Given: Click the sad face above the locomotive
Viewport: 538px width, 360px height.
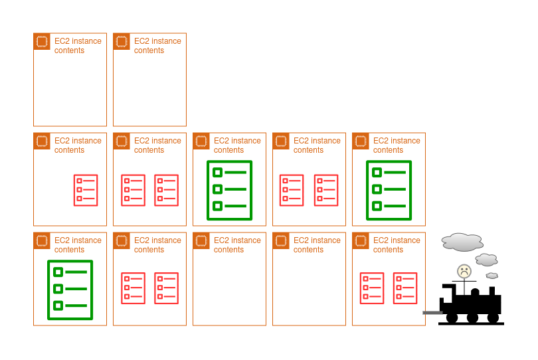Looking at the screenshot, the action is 464,271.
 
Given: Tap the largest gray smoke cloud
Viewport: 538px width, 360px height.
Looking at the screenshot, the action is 462,242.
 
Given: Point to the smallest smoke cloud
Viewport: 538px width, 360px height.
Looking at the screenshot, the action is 492,276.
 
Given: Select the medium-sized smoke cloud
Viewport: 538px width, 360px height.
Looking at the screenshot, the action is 486,260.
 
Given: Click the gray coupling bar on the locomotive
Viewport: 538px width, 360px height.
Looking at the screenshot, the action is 432,313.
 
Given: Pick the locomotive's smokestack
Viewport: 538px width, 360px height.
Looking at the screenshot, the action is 492,291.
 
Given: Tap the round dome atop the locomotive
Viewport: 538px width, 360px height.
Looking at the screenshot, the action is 475,292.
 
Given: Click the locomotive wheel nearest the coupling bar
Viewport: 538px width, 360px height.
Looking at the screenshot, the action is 452,317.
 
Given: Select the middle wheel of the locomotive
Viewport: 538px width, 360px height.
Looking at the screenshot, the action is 472,317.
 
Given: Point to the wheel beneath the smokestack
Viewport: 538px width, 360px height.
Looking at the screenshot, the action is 493,317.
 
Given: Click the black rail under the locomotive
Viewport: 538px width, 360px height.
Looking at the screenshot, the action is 471,323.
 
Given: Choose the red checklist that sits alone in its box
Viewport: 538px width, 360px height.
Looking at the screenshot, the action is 86,190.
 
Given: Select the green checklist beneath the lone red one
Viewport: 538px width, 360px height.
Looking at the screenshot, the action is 70,290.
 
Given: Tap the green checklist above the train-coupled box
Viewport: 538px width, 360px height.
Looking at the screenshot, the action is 389,190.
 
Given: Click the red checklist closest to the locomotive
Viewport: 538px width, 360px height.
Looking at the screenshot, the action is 405,288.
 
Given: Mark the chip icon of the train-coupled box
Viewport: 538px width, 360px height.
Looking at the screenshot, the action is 361,240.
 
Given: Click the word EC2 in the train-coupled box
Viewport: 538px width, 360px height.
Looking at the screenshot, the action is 381,240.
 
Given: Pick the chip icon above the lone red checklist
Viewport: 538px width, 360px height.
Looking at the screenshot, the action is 42,141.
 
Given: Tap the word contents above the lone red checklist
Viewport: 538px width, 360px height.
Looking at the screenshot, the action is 69,150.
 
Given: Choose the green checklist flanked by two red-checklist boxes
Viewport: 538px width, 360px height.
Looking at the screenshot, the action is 230,190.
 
